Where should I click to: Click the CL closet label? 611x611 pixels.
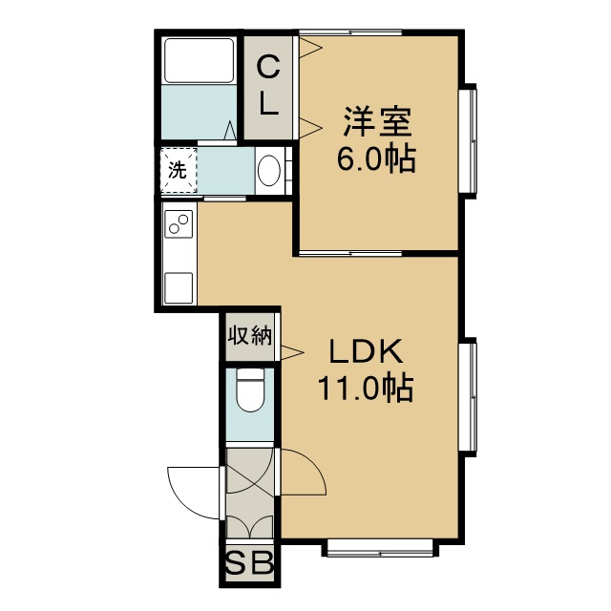pyautogui.click(x=268, y=85)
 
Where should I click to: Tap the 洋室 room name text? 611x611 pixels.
pyautogui.click(x=377, y=121)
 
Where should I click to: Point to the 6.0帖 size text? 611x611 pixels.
pyautogui.click(x=376, y=158)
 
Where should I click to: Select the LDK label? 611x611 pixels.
pyautogui.click(x=366, y=351)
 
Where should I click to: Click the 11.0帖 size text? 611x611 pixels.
pyautogui.click(x=366, y=388)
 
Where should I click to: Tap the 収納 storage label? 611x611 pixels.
pyautogui.click(x=250, y=335)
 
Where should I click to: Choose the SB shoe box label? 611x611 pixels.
pyautogui.click(x=250, y=563)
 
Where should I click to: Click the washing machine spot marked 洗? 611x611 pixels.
pyautogui.click(x=179, y=170)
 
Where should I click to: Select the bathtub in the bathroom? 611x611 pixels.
pyautogui.click(x=200, y=60)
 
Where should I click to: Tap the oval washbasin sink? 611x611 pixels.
pyautogui.click(x=269, y=171)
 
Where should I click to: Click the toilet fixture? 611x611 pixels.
pyautogui.click(x=250, y=390)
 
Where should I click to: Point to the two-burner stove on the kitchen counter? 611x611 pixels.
pyautogui.click(x=179, y=224)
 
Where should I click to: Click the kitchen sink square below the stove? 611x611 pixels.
pyautogui.click(x=179, y=288)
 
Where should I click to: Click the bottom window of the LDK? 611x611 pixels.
pyautogui.click(x=380, y=548)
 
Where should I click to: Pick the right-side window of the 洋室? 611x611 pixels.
pyautogui.click(x=468, y=141)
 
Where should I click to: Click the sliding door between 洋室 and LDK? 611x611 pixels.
pyautogui.click(x=350, y=254)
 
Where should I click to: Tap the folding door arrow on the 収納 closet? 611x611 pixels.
pyautogui.click(x=292, y=352)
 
